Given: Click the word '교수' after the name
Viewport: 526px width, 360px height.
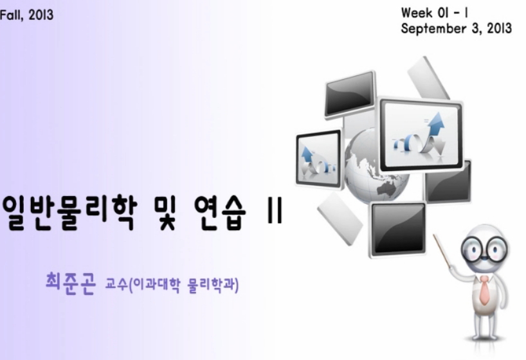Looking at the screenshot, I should pos(116,284).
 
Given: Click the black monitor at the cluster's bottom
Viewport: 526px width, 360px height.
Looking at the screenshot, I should pos(397,229).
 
